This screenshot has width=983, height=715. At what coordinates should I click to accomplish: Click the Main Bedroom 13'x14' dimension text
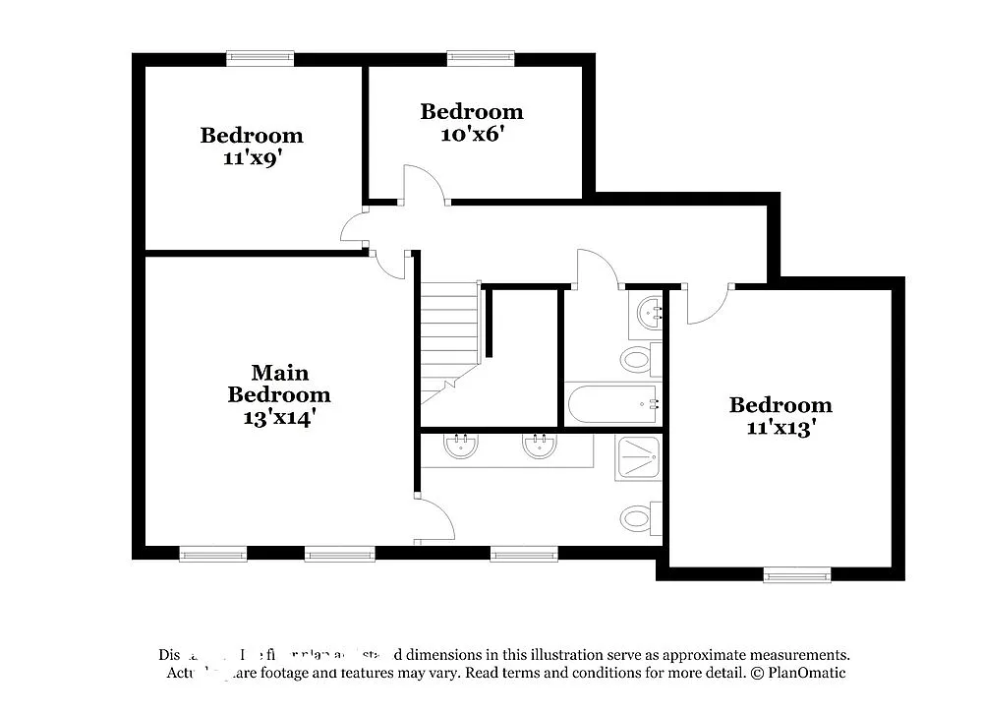279,417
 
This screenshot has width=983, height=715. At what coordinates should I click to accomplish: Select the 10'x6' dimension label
472,134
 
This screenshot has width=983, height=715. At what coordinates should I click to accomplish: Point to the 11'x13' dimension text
781,428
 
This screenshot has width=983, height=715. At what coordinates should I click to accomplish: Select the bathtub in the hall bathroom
611,403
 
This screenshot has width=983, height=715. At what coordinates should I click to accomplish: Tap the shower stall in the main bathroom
638,458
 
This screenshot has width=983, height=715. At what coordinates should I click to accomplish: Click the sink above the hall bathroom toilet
648,314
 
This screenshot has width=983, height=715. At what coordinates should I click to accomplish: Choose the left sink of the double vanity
460,447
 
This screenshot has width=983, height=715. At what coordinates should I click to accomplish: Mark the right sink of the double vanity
539,447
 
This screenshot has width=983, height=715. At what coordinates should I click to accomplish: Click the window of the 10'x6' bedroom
481,58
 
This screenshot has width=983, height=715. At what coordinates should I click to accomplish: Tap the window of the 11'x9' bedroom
260,58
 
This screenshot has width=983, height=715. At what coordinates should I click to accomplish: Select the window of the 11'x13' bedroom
797,574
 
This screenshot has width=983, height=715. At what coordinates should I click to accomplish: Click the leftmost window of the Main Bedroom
213,554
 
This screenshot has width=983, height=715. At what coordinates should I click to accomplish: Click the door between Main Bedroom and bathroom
434,519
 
